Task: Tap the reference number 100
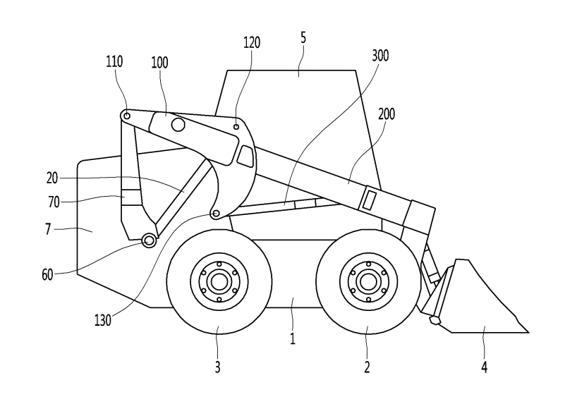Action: point(159,62)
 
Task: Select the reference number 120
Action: point(252,42)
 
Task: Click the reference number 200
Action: point(387,114)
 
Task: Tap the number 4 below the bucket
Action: point(483,367)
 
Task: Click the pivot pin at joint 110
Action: point(126,116)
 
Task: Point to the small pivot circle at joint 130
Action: point(216,213)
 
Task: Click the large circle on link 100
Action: point(177,126)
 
